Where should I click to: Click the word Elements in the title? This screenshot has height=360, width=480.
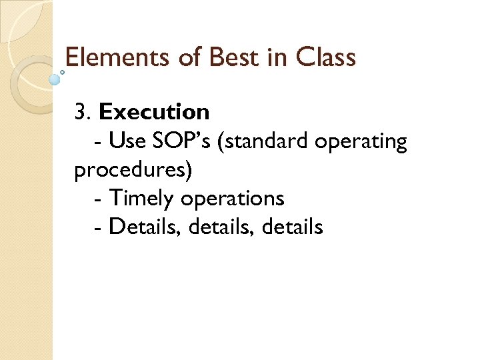118,58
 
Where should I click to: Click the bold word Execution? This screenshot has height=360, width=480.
154,112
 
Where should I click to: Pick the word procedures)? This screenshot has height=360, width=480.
133,171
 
